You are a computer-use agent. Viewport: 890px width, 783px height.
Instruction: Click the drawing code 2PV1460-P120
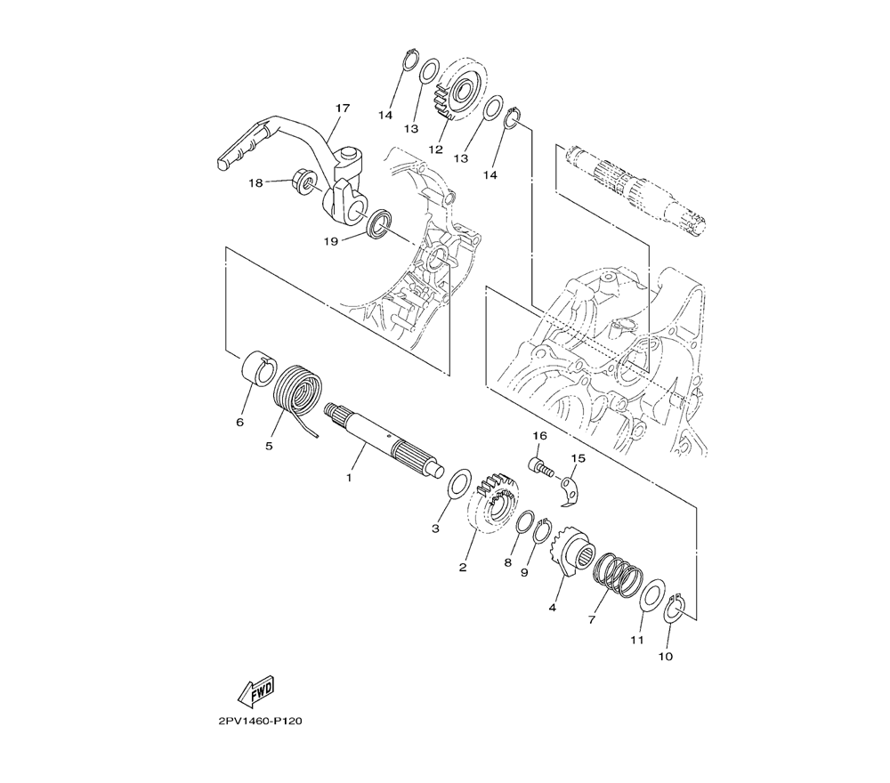tap(259, 722)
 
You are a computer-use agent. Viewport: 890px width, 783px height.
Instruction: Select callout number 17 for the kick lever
tap(343, 108)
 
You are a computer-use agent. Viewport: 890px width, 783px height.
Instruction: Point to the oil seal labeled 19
tap(379, 223)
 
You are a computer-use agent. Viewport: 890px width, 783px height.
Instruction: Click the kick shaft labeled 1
tap(384, 439)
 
